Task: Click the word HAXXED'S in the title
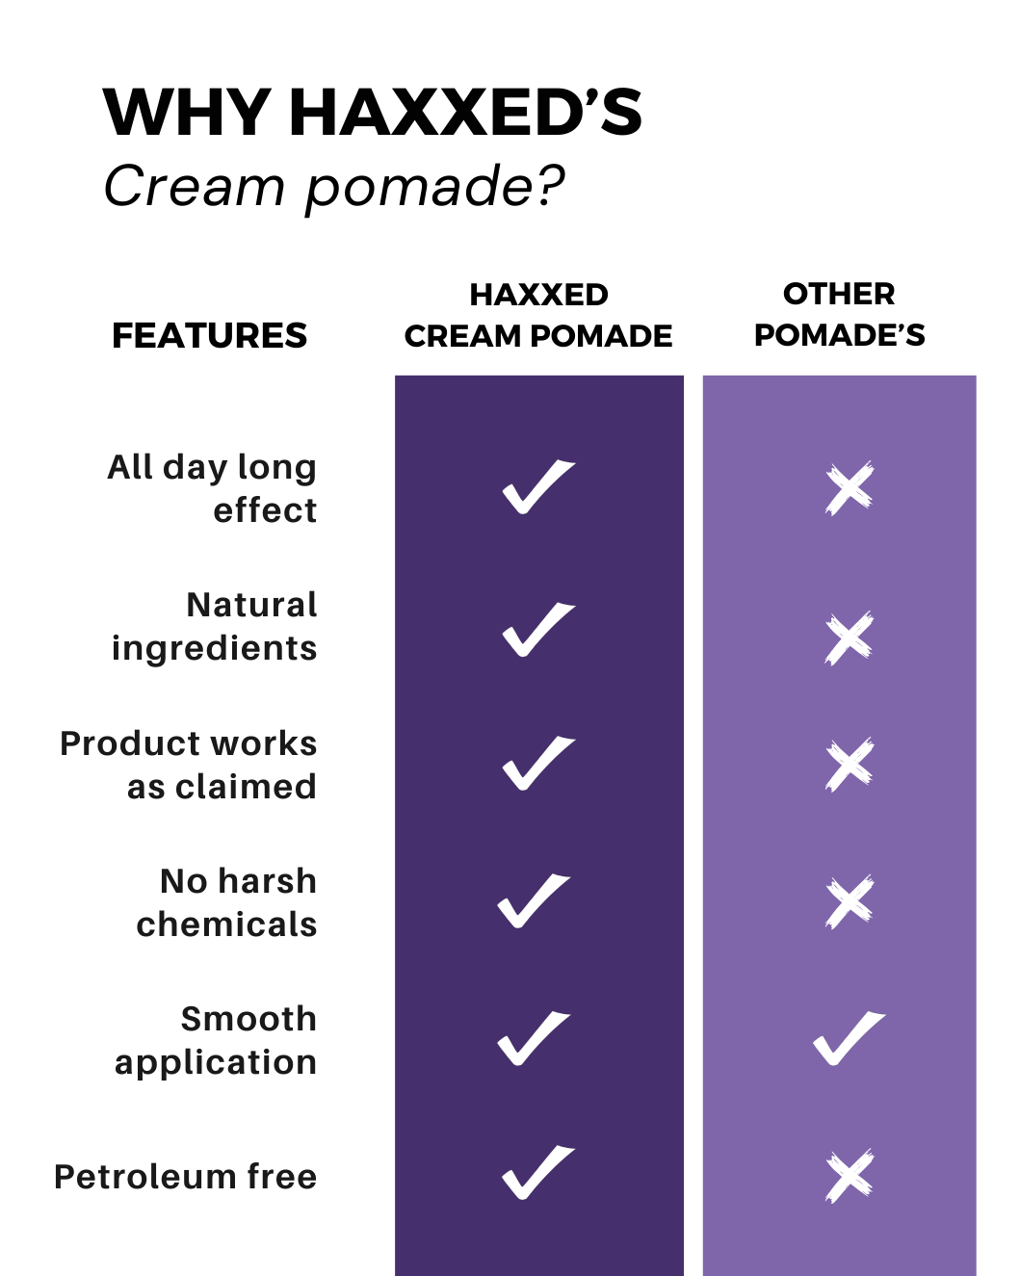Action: [x=465, y=113]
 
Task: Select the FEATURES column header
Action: [x=210, y=335]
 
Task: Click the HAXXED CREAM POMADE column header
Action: [x=538, y=315]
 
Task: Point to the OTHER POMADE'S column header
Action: [x=839, y=314]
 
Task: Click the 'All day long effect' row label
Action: [x=212, y=488]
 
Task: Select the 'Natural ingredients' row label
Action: [x=214, y=626]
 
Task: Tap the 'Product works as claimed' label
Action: [x=189, y=765]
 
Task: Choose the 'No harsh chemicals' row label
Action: [x=226, y=902]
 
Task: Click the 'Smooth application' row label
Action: [x=216, y=1040]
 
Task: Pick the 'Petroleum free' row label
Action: [x=186, y=1177]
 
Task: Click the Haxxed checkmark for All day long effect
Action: [x=537, y=487]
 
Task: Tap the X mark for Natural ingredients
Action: [x=850, y=638]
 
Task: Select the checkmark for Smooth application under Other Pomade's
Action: [x=848, y=1038]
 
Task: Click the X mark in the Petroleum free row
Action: [x=850, y=1176]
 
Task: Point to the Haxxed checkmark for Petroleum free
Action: [x=537, y=1173]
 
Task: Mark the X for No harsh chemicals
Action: [x=850, y=902]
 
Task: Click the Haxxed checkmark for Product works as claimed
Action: [x=537, y=764]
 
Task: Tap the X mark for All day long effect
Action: [x=850, y=488]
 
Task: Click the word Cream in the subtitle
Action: [x=194, y=186]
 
